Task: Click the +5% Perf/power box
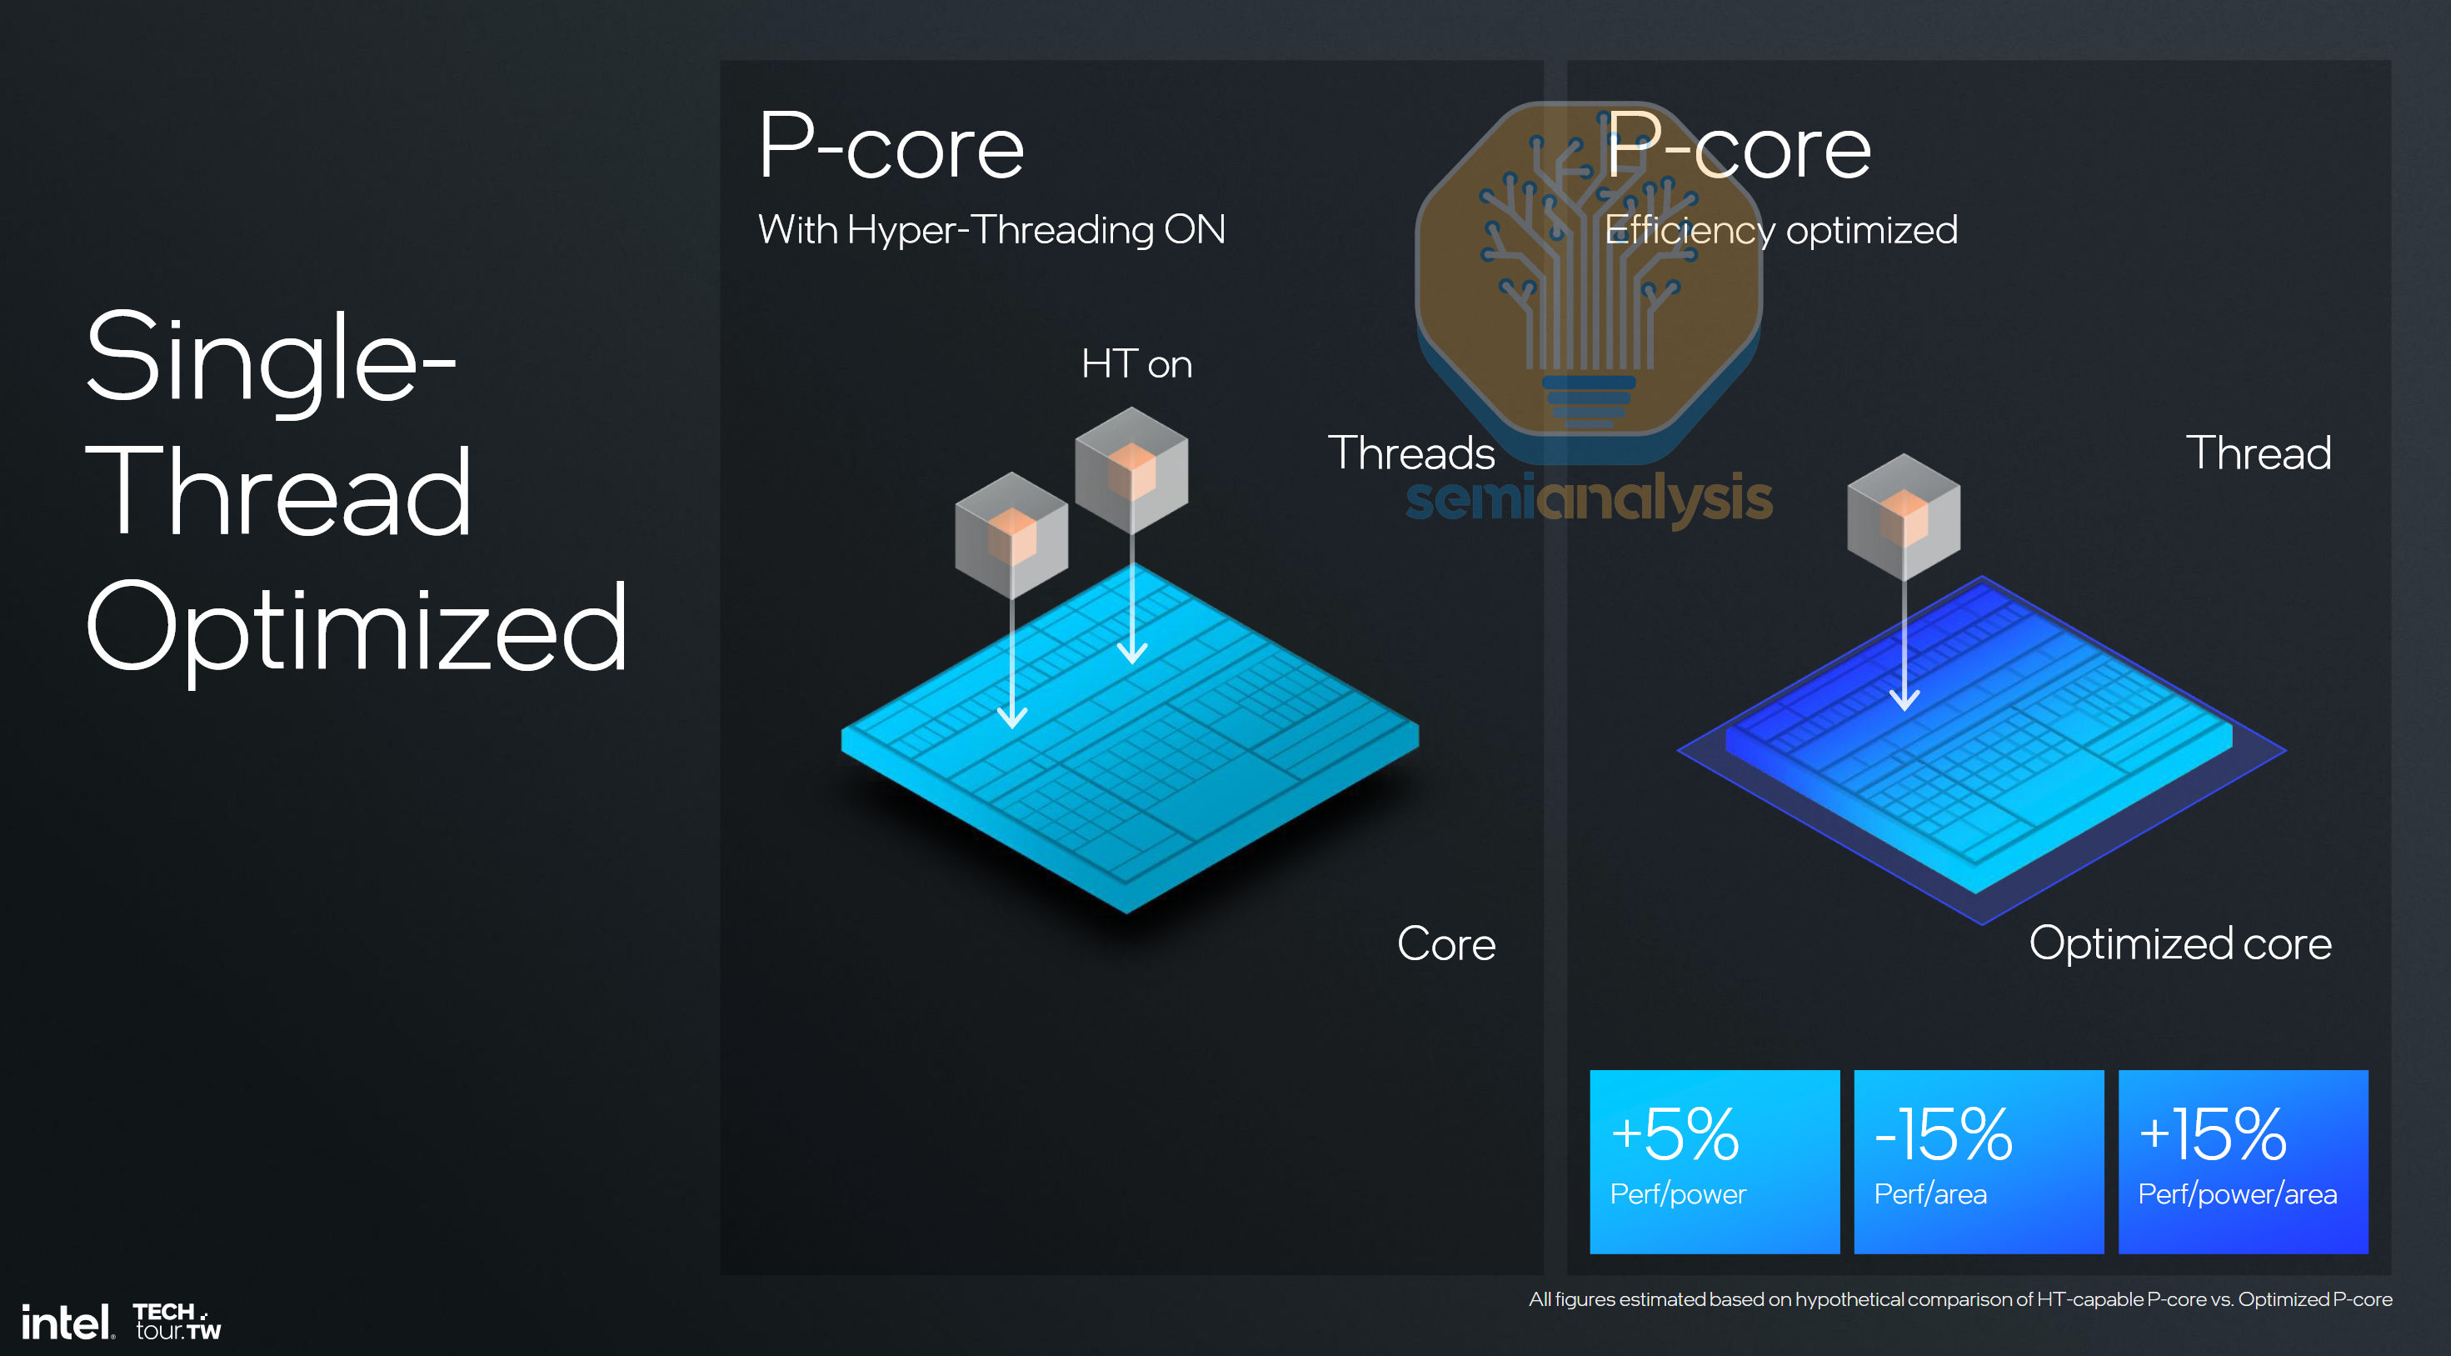pyautogui.click(x=1714, y=1161)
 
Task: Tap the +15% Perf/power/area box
pyautogui.click(x=2243, y=1161)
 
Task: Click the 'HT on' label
pyautogui.click(x=1136, y=364)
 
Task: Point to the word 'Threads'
pyautogui.click(x=1411, y=453)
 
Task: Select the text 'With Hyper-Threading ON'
pyautogui.click(x=991, y=230)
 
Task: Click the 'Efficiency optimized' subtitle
pyautogui.click(x=1781, y=230)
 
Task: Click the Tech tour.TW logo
pyautogui.click(x=177, y=1322)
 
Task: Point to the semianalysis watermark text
pyautogui.click(x=1589, y=498)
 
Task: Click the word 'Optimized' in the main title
pyautogui.click(x=357, y=629)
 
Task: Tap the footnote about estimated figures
pyautogui.click(x=1960, y=1298)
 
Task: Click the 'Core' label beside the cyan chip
pyautogui.click(x=1446, y=944)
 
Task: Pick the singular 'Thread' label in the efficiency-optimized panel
pyautogui.click(x=2258, y=453)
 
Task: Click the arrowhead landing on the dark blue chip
pyautogui.click(x=1904, y=700)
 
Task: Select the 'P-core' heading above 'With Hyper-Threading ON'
pyautogui.click(x=891, y=148)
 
